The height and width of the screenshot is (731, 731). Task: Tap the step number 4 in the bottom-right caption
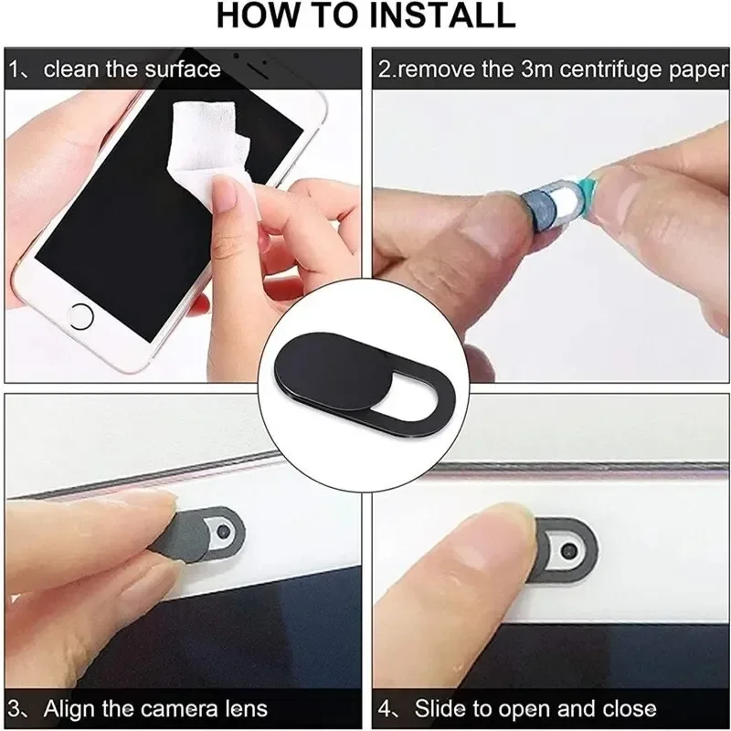pyautogui.click(x=387, y=708)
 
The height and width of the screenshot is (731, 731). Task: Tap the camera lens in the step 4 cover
pyautogui.click(x=569, y=552)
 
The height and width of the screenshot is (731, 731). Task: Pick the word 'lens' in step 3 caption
pyautogui.click(x=247, y=708)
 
